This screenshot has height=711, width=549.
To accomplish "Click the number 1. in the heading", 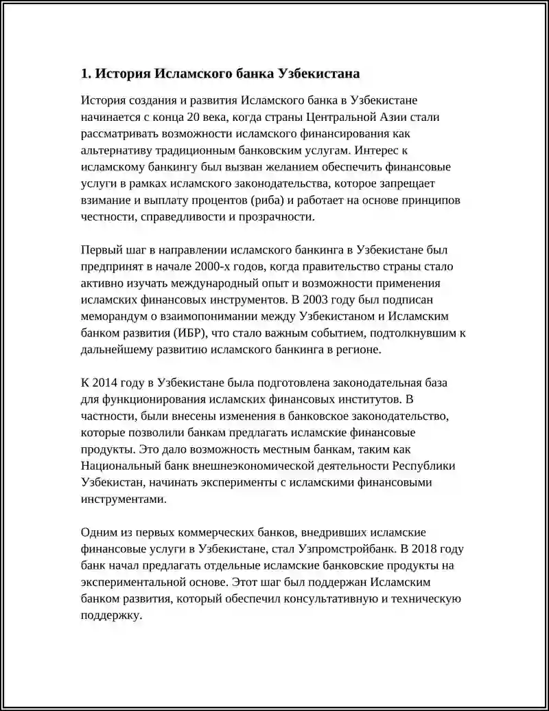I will pos(86,74).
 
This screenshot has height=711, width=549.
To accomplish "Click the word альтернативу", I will pos(117,150).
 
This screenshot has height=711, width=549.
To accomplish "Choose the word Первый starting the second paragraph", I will pos(102,250).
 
